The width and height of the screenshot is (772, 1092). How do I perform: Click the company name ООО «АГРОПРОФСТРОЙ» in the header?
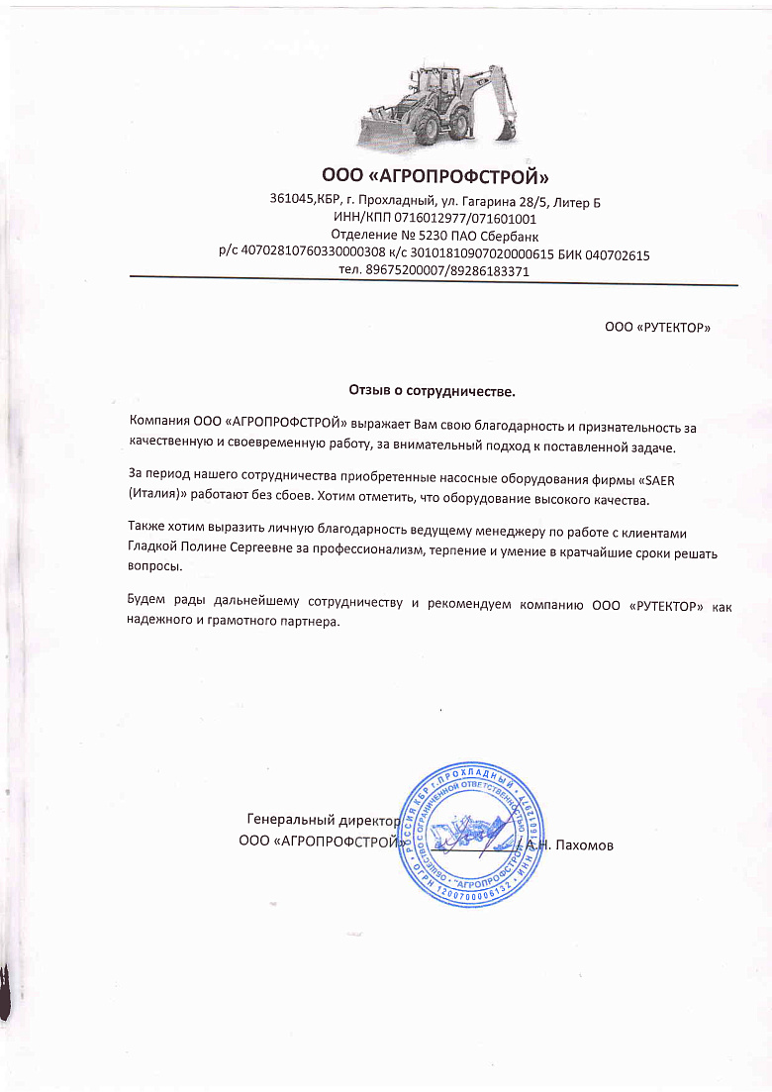point(434,177)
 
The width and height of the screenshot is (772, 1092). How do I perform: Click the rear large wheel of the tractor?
point(434,125)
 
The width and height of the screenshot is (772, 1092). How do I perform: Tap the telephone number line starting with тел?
point(434,271)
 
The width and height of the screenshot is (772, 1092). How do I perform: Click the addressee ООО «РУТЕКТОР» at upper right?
point(657,327)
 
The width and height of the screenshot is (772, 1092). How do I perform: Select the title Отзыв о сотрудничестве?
point(433,391)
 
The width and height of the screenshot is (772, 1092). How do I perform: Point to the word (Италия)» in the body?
point(157,498)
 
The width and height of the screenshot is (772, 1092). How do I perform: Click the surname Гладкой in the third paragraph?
point(153,549)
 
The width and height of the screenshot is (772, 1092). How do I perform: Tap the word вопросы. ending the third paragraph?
point(155,567)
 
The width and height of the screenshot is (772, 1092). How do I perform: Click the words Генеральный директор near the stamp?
point(322,821)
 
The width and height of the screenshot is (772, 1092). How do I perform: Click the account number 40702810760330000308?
point(314,255)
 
